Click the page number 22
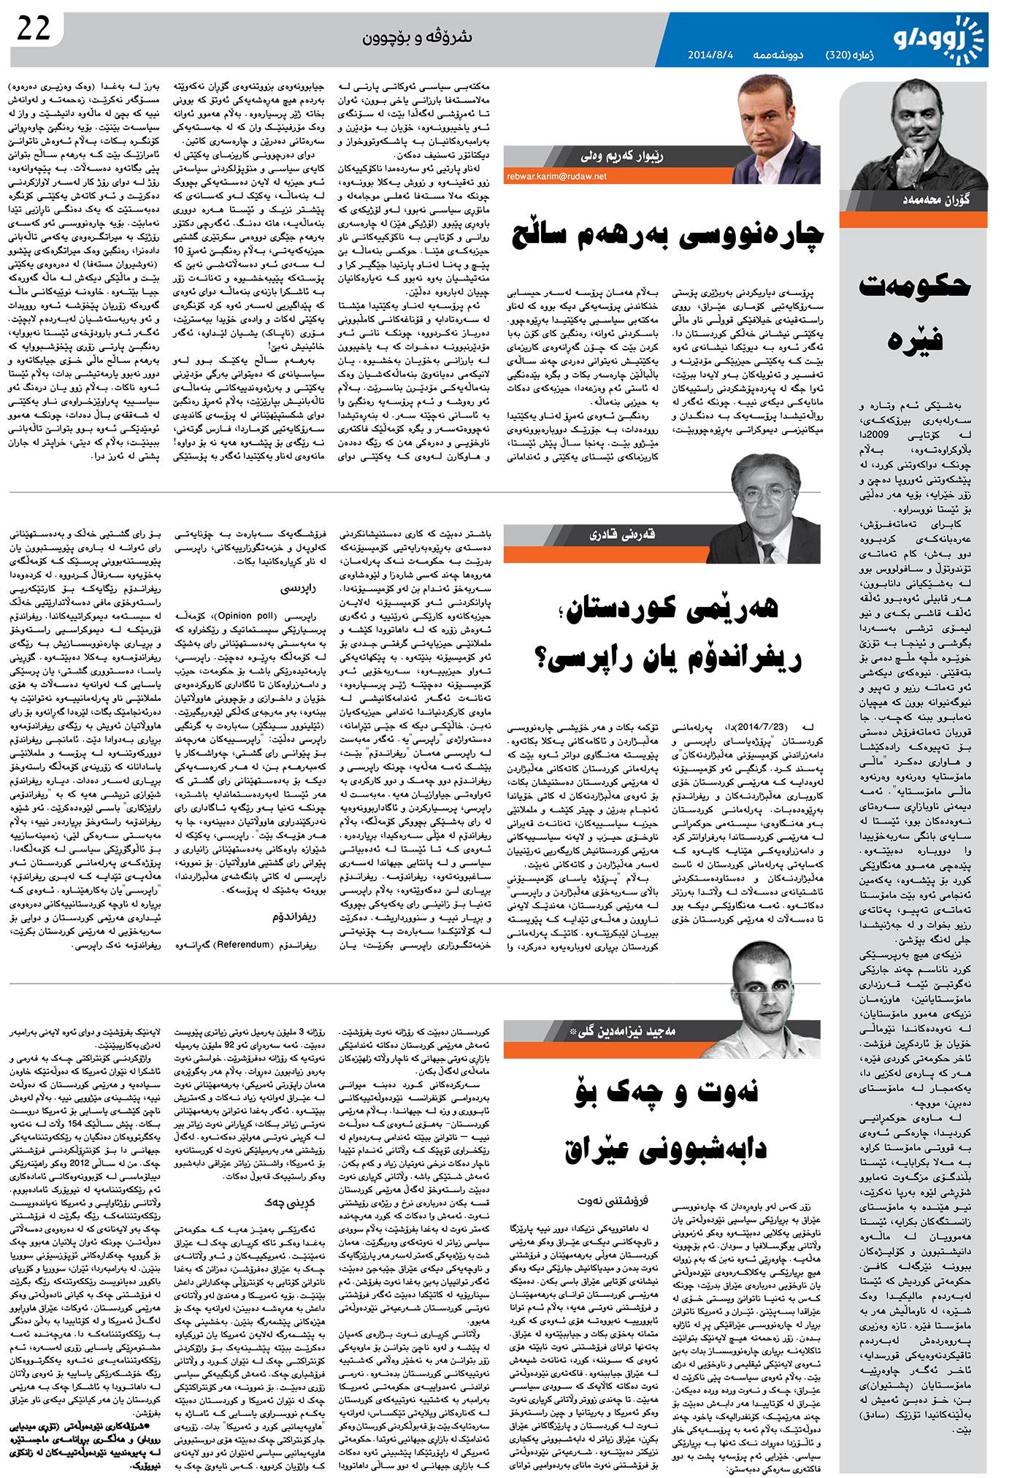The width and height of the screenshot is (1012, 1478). click(x=34, y=28)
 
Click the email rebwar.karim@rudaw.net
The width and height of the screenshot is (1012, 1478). click(x=557, y=175)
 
